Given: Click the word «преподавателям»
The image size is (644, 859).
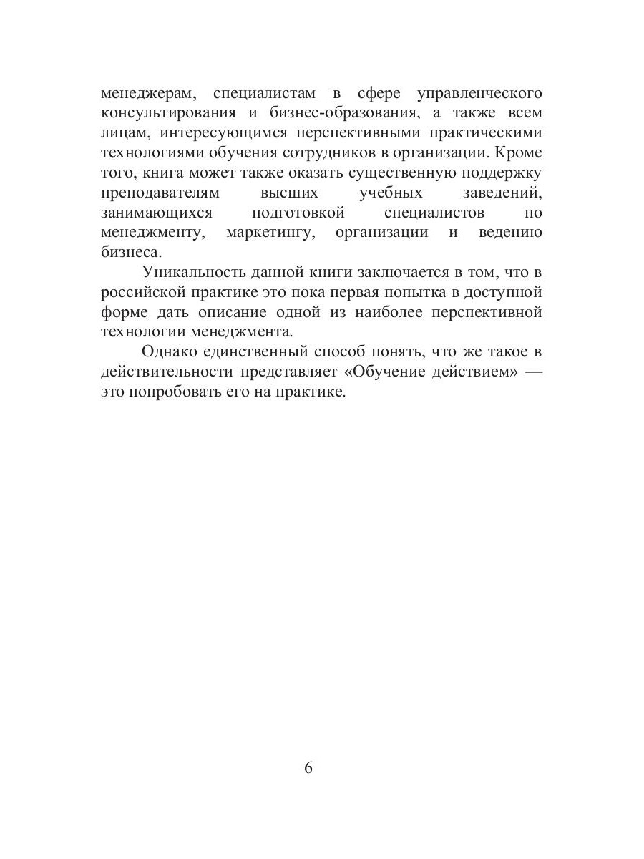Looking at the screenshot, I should tap(160, 193).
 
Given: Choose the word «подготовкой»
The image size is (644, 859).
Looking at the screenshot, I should tap(299, 213).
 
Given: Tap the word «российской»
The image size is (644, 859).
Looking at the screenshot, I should tap(142, 293).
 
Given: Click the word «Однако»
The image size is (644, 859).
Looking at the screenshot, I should tap(167, 352).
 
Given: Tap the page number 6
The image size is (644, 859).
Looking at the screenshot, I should tap(308, 769).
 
